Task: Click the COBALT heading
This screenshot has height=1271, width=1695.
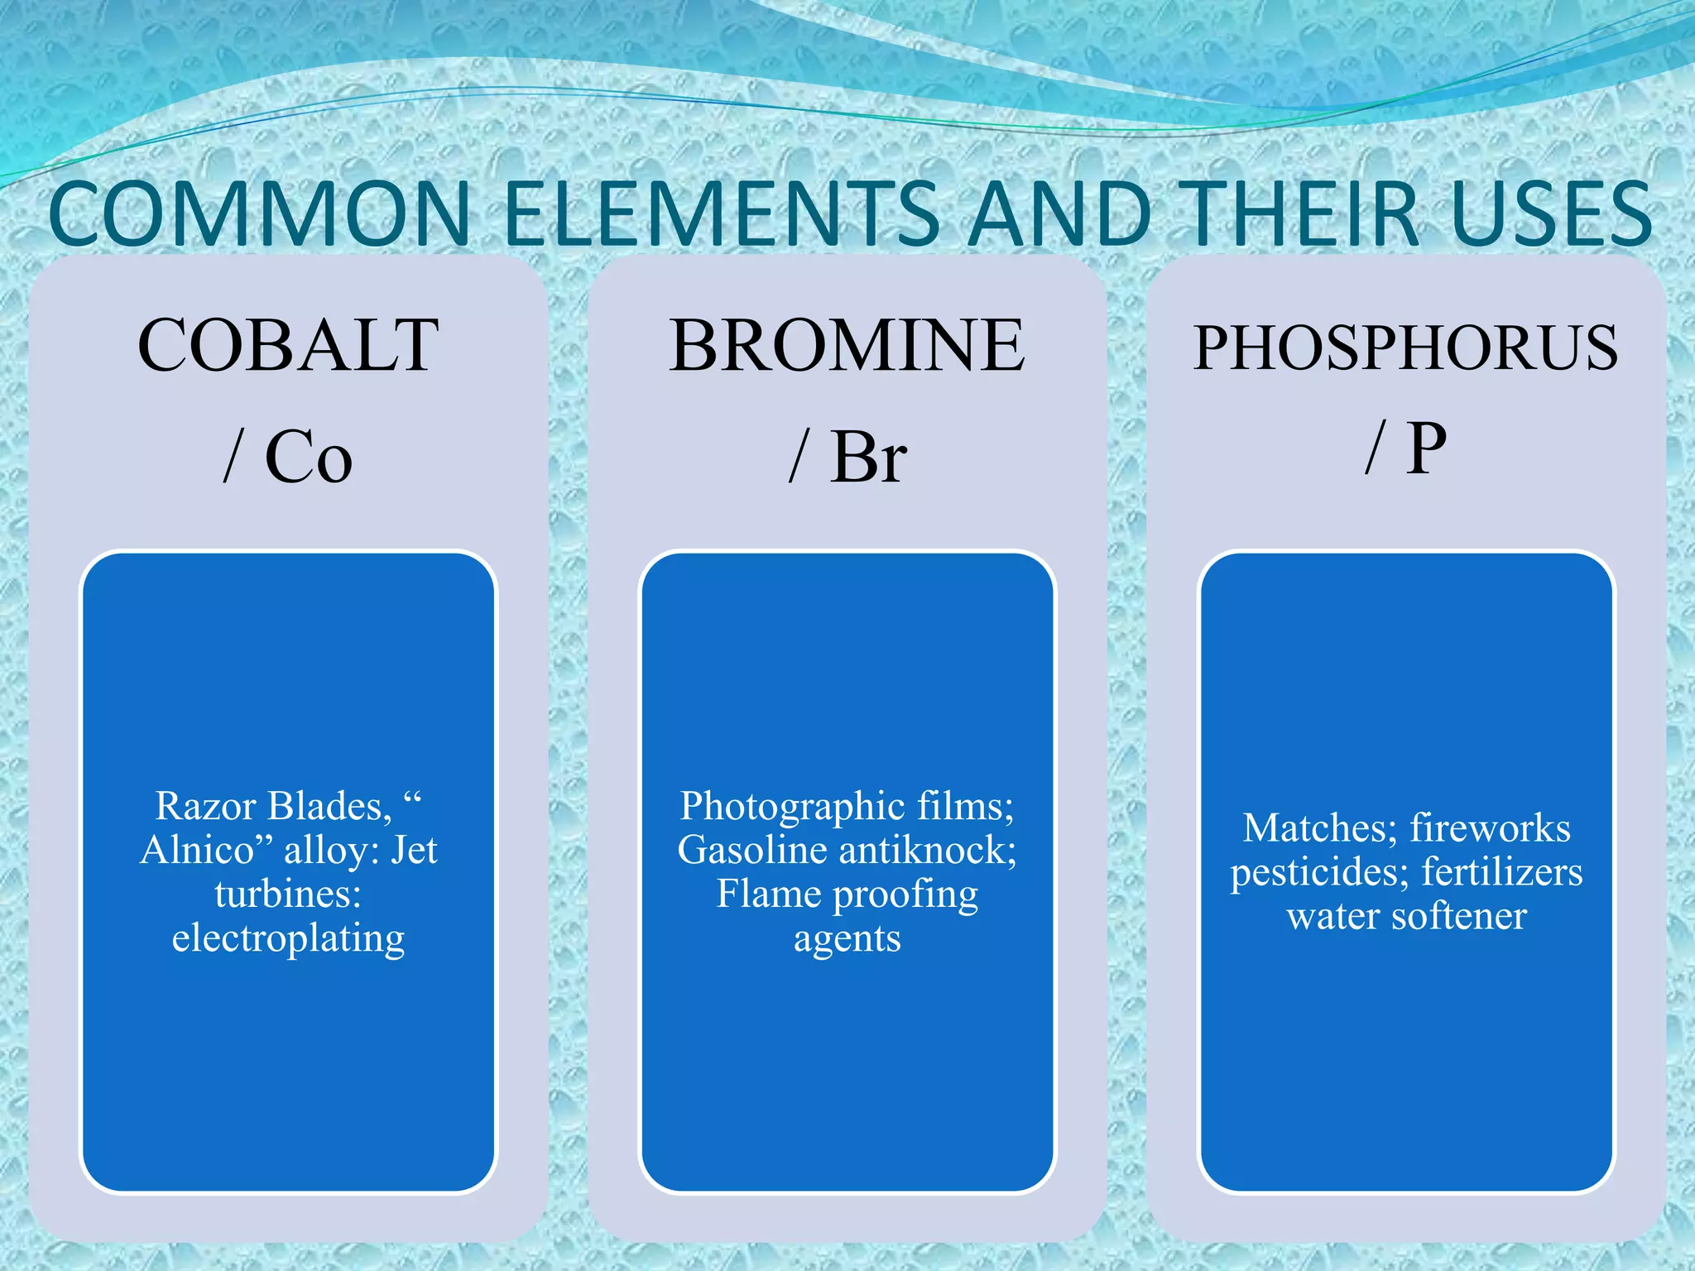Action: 288,345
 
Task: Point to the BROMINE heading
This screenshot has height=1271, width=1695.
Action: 847,345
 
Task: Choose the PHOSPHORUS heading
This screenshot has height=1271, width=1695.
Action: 1405,348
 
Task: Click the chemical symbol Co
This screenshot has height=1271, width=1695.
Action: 309,457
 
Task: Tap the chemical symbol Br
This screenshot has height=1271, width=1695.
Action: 868,457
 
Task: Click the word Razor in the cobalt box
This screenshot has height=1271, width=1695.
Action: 206,806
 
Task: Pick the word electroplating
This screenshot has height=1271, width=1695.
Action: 288,938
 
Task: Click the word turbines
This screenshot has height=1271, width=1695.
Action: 287,894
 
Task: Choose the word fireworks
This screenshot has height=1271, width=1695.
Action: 1490,827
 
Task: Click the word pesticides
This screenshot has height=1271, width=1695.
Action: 1319,872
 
